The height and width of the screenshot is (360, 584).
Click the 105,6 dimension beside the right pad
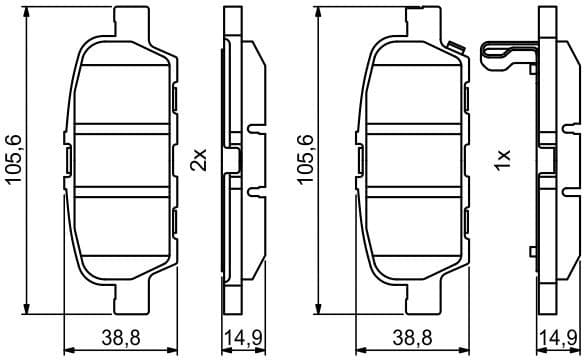click(306, 159)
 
